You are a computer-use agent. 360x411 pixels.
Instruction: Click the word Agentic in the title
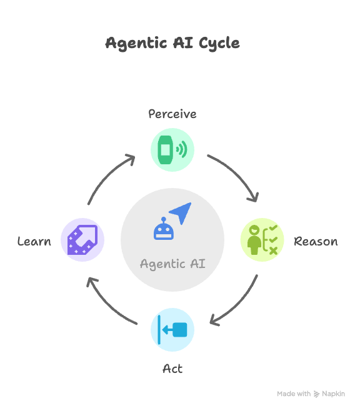[129, 43]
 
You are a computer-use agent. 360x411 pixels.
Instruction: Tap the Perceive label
[172, 114]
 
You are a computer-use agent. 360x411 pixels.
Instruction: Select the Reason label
[316, 242]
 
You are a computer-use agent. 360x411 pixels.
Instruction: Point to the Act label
[172, 369]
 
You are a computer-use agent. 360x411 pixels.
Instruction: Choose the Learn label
[34, 242]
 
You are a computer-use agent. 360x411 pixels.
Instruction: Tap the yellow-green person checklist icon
[262, 240]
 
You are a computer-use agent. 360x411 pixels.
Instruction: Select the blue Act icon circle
[172, 330]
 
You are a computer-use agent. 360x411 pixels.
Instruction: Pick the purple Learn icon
[82, 240]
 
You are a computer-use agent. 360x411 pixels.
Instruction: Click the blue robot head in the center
[164, 229]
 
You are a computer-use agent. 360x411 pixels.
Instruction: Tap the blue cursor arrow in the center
[181, 213]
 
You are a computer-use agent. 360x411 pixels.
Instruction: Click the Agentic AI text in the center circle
[172, 264]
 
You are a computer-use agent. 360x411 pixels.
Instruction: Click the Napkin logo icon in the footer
[317, 394]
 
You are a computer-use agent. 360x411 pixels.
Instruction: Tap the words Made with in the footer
[294, 394]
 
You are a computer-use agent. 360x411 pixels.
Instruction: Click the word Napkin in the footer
[333, 394]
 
